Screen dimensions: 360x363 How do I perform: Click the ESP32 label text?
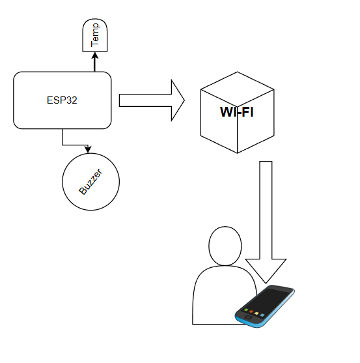tap(62, 100)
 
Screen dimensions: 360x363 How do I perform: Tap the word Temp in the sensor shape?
tap(95, 35)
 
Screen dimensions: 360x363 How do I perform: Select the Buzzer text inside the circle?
tap(90, 182)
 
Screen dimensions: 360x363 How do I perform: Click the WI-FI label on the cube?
tap(237, 112)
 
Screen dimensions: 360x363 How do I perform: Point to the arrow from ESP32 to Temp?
tap(95, 62)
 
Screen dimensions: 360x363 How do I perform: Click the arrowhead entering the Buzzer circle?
tap(88, 149)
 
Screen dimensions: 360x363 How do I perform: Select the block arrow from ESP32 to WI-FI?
tap(152, 100)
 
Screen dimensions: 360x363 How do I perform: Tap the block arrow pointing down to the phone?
tap(266, 222)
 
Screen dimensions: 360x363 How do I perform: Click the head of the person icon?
tap(225, 246)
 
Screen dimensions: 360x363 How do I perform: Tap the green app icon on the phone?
tap(246, 310)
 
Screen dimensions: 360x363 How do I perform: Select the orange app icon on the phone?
tap(251, 312)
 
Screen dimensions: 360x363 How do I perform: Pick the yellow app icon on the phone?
tap(256, 313)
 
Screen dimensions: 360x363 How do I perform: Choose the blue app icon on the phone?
tap(262, 315)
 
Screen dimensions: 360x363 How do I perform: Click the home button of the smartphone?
tap(247, 317)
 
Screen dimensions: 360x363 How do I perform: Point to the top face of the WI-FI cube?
tap(237, 89)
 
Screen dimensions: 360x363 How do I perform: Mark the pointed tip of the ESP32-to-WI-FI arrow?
tap(184, 100)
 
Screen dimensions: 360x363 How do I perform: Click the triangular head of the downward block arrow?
tap(266, 271)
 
